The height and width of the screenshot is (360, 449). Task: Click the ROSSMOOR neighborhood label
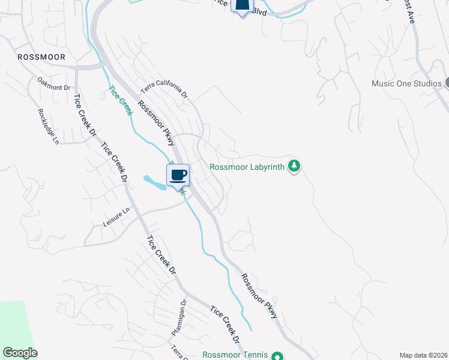click(x=41, y=57)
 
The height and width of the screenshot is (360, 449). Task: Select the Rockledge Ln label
click(x=49, y=126)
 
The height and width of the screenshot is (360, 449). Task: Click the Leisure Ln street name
click(x=116, y=217)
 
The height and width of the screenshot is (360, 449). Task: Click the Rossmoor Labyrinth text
click(x=247, y=167)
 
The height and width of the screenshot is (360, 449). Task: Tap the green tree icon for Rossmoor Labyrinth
click(x=294, y=166)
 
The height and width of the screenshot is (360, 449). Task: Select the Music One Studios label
click(x=406, y=83)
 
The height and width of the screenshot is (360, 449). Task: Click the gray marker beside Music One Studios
click(x=447, y=83)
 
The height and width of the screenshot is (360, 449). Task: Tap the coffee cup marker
click(x=178, y=175)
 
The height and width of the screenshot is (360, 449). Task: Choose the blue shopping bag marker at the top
click(x=242, y=5)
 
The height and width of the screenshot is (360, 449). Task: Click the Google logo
click(x=20, y=353)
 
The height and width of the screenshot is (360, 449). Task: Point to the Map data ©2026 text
click(x=423, y=355)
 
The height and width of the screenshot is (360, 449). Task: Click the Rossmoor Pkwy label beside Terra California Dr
click(x=155, y=122)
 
